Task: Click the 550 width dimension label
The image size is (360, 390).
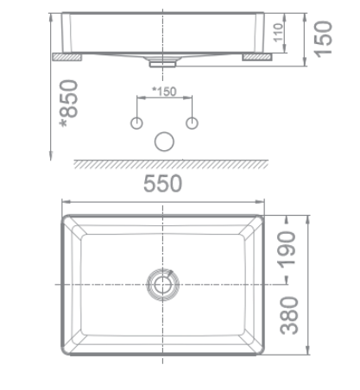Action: coord(162,185)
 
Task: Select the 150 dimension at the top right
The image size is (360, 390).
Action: coord(325,36)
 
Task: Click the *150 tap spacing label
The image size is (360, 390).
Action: coord(163,91)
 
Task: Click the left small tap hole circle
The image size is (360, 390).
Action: coord(136,123)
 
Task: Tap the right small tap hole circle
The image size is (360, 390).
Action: coord(193,123)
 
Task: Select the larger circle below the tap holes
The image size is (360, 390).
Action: coord(164,142)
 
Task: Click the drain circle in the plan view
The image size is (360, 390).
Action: coord(163,283)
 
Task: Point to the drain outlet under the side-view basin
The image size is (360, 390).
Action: coord(163,62)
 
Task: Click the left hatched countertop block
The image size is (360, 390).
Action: coord(66,57)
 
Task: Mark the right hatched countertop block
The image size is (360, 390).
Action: coord(257,57)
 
